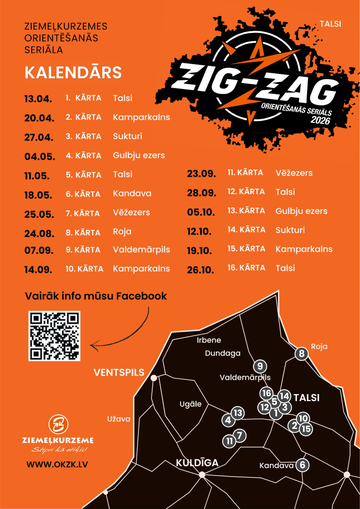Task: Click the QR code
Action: tap(55, 336)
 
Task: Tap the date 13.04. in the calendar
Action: tap(37, 99)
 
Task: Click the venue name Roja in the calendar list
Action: tap(122, 231)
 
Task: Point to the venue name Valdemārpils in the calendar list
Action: tap(141, 249)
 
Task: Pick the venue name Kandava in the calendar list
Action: tap(132, 193)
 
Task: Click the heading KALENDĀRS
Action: tap(73, 73)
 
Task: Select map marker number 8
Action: tap(302, 354)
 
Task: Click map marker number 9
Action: tap(260, 366)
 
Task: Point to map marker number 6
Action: tap(303, 465)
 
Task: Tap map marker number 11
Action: tap(229, 441)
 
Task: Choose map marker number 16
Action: tap(267, 393)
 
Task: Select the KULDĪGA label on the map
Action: tap(197, 463)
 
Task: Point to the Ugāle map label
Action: tap(190, 404)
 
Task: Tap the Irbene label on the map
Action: tap(209, 340)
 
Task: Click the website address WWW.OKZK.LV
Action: tap(57, 464)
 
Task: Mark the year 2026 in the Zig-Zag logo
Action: tap(320, 120)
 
